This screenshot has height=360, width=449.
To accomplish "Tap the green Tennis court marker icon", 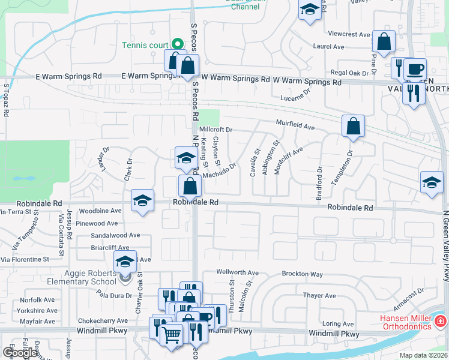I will click(x=178, y=44).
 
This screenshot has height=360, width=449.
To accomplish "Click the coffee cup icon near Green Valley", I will click(x=414, y=68).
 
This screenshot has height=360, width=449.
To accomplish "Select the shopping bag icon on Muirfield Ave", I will click(x=353, y=125).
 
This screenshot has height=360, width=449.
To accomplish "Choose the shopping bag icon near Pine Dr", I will click(x=384, y=41).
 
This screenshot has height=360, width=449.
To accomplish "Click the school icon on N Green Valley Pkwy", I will click(x=431, y=182).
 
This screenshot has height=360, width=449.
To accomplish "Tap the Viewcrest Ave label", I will click(x=349, y=35).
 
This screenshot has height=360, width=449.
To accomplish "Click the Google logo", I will click(x=20, y=353).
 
